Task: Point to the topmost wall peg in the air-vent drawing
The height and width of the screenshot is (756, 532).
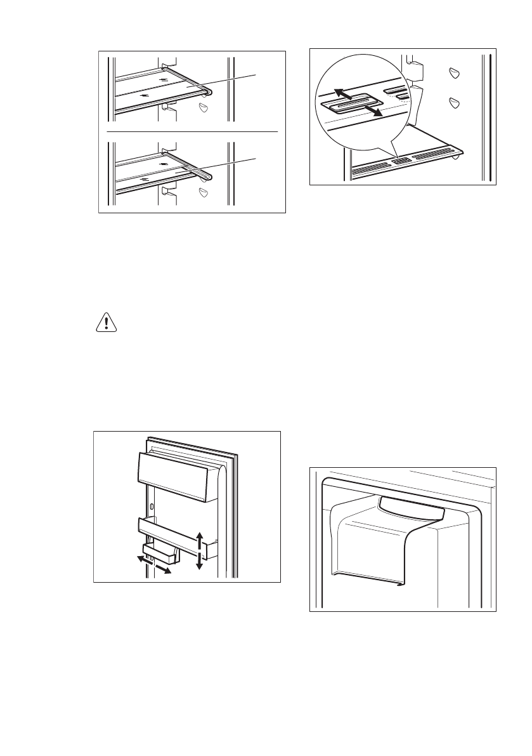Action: click(x=452, y=73)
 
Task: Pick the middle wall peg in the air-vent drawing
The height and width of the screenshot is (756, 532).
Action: click(x=452, y=102)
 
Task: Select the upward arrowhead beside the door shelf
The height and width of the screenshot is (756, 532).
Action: click(x=200, y=536)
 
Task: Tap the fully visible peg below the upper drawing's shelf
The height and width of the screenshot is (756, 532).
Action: click(x=203, y=108)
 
